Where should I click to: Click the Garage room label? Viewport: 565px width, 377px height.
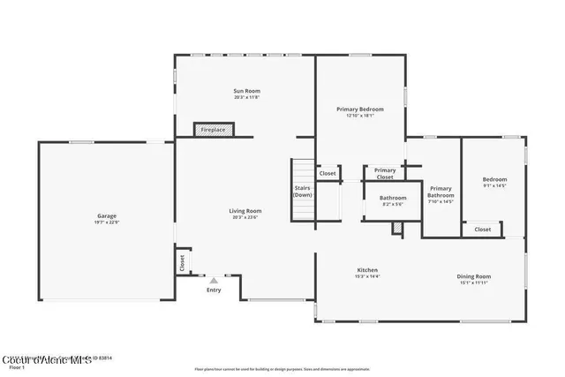pyautogui.click(x=107, y=215)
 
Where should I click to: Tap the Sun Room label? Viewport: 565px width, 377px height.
pyautogui.click(x=246, y=91)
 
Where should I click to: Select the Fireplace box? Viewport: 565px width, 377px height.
pyautogui.click(x=213, y=130)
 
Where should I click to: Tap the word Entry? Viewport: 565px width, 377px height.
pyautogui.click(x=214, y=290)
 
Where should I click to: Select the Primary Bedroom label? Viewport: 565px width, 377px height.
pyautogui.click(x=359, y=109)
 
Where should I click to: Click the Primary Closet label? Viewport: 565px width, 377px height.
pyautogui.click(x=385, y=173)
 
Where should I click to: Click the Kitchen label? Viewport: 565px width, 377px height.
pyautogui.click(x=367, y=269)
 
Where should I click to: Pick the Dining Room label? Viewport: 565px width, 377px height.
pyautogui.click(x=473, y=276)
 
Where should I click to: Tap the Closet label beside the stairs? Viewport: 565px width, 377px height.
pyautogui.click(x=328, y=173)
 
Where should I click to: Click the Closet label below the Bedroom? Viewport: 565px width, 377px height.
pyautogui.click(x=483, y=229)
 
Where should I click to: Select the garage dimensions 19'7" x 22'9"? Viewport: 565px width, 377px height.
pyautogui.click(x=107, y=222)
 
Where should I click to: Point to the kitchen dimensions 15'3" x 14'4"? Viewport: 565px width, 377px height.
pyautogui.click(x=367, y=276)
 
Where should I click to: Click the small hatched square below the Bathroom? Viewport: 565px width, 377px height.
pyautogui.click(x=397, y=228)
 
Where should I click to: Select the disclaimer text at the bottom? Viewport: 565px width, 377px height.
pyautogui.click(x=282, y=369)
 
